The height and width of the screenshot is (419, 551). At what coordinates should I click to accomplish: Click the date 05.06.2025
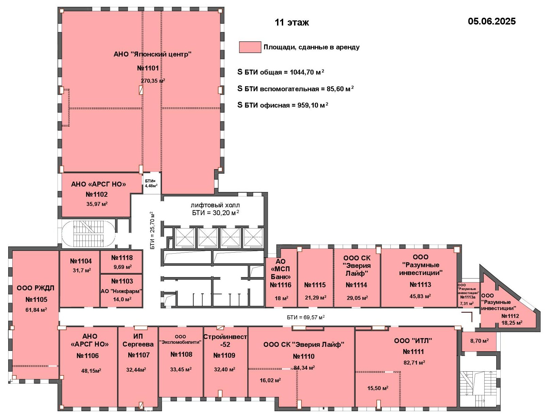point(491,21)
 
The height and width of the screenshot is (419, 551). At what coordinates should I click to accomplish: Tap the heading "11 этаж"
point(292,22)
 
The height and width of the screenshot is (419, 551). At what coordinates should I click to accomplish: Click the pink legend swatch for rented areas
point(250,47)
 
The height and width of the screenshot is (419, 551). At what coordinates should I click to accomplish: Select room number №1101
point(148,68)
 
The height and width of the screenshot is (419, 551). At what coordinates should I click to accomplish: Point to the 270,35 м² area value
point(153,81)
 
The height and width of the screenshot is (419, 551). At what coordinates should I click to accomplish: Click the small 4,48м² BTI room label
point(151,186)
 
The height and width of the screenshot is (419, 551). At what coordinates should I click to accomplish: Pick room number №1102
point(97,194)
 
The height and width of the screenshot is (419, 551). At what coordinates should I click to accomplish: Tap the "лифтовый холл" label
point(215,205)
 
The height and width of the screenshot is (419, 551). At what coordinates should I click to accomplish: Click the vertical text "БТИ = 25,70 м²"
point(152,230)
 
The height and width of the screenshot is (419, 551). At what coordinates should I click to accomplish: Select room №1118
point(122,258)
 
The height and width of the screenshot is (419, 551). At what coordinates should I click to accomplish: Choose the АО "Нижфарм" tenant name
point(121,291)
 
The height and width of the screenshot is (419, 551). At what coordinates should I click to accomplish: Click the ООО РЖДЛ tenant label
point(35,288)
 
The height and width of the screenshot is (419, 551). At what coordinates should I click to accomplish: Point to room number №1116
point(281,285)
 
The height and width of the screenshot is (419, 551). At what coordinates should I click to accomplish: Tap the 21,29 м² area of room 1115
point(315,297)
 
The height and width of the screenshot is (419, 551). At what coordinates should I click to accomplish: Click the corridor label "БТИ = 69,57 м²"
point(306,317)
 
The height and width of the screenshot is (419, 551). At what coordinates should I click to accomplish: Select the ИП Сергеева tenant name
point(138,340)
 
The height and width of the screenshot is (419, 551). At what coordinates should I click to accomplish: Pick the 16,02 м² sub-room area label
point(270,380)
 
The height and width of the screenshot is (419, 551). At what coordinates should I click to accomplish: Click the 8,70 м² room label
point(480,341)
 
